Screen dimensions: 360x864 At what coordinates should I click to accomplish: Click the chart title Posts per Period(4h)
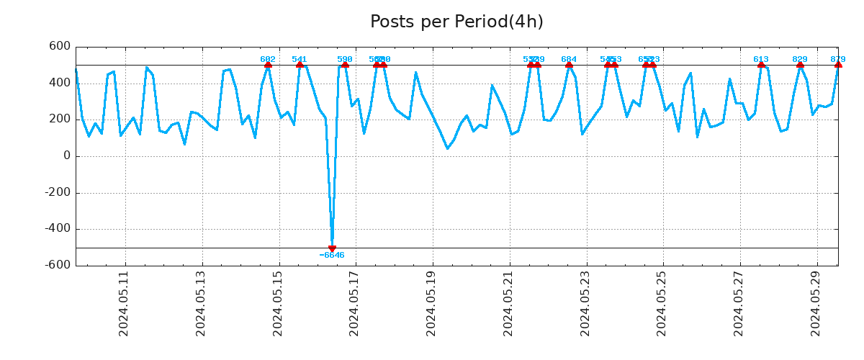coord(456,22)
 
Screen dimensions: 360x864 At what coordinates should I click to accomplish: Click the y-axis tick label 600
coord(60,47)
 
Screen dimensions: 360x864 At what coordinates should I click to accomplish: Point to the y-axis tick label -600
coord(58,265)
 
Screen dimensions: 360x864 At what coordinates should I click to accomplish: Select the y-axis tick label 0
coord(67,156)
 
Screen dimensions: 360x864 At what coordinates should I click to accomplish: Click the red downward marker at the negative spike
coord(332,248)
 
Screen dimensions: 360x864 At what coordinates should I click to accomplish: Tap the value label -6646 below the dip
coord(332,256)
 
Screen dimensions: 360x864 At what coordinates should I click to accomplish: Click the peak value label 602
coord(268,60)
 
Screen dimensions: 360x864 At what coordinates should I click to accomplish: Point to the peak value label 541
coord(300,60)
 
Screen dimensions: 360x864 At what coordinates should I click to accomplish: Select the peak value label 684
coord(569,60)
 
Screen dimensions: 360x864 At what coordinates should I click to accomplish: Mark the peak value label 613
coord(761,60)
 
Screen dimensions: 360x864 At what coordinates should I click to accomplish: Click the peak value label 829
coord(800,60)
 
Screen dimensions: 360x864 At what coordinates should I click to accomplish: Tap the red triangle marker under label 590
coord(345,65)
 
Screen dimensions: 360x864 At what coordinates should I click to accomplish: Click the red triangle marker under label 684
coord(569,65)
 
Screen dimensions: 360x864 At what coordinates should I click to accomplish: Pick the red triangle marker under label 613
coord(761,65)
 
